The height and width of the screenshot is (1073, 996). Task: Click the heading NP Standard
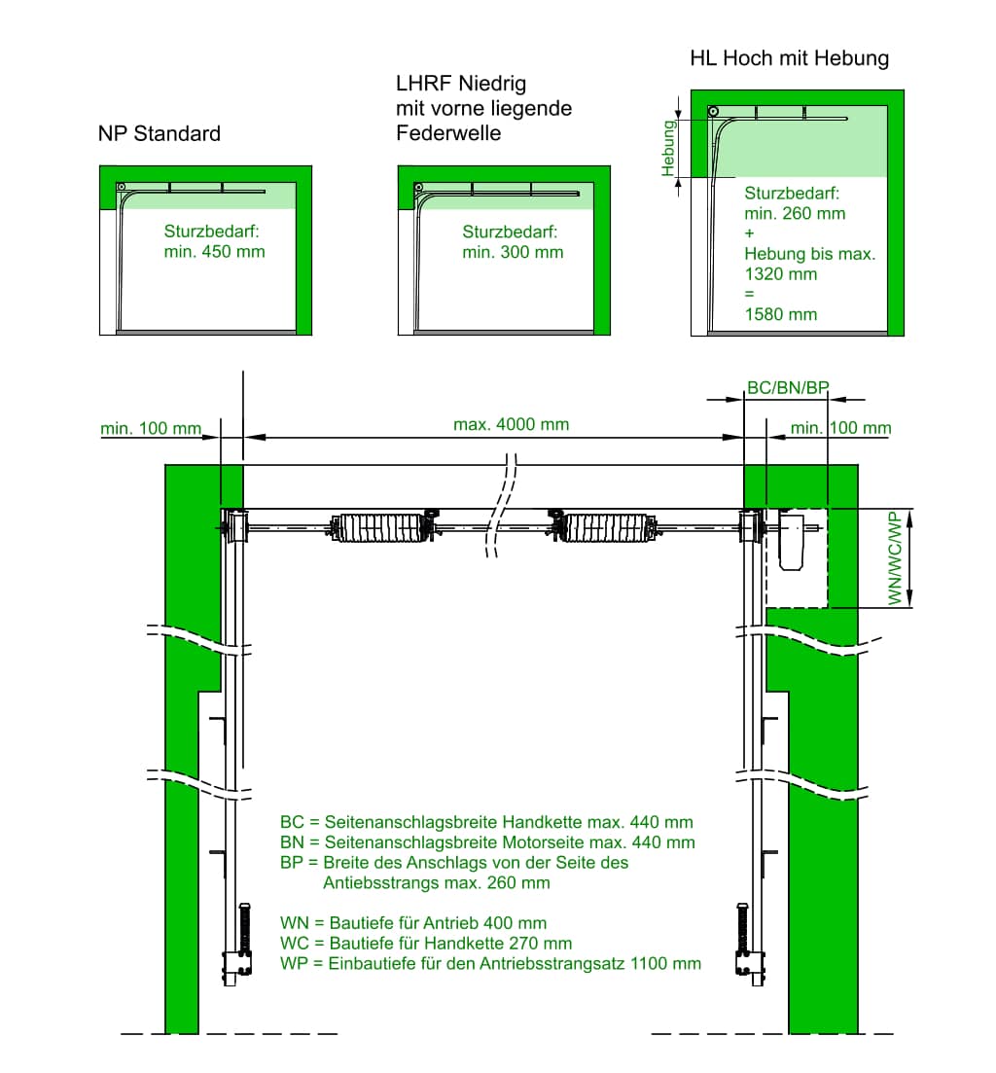[x=160, y=133]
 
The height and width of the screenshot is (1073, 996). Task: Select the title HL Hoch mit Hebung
[x=789, y=58]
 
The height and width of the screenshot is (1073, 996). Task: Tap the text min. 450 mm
[x=214, y=252]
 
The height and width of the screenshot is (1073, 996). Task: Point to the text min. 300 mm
[x=513, y=252]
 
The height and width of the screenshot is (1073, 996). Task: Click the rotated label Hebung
[x=668, y=147]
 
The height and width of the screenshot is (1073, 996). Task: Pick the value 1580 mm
[x=780, y=314]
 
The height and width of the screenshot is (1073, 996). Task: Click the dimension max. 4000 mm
[x=512, y=424]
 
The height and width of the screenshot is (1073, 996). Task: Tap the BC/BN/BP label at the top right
[x=788, y=387]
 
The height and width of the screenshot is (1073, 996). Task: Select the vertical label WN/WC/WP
[x=895, y=558]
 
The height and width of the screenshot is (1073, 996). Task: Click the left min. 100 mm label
[x=151, y=428]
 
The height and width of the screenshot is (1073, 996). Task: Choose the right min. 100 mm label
[x=840, y=428]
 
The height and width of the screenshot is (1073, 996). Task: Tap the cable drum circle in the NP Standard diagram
[x=122, y=187]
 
